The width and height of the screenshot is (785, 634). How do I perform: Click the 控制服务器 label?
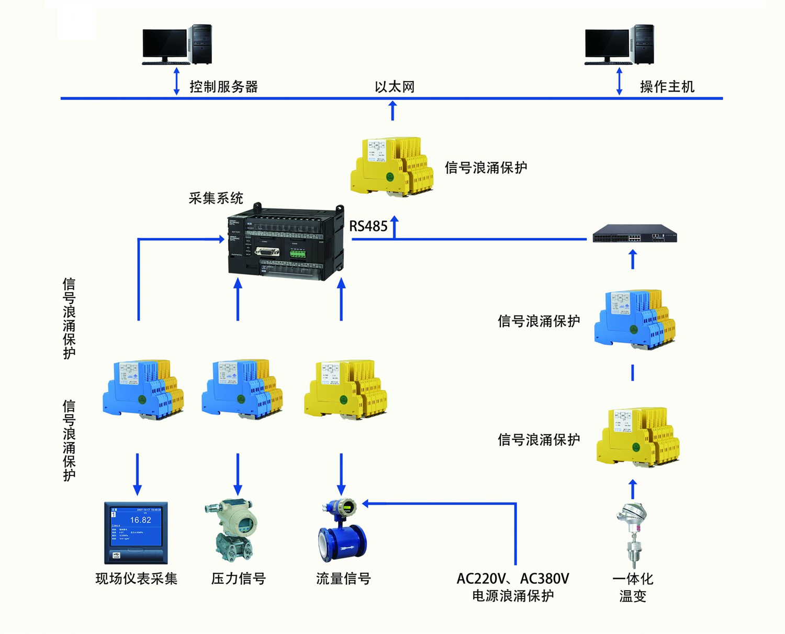[223, 87]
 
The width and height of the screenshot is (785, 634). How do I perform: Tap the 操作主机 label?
[667, 87]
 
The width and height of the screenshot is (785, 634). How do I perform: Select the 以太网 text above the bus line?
[395, 87]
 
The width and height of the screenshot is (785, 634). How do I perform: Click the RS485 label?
[368, 226]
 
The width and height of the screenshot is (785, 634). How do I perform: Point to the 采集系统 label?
[216, 198]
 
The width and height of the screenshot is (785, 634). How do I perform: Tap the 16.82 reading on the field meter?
[140, 520]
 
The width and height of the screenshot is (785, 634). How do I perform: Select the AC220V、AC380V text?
[512, 579]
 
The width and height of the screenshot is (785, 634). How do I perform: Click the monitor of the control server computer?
[164, 46]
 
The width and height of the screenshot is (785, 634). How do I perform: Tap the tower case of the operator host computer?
[643, 44]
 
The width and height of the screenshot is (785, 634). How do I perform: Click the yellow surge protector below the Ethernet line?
[392, 166]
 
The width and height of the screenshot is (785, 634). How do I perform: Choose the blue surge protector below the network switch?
[634, 319]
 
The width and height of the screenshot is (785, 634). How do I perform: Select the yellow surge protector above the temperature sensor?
[637, 438]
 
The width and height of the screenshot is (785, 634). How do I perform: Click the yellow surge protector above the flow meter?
[345, 389]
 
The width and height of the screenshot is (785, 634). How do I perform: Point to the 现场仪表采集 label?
[137, 579]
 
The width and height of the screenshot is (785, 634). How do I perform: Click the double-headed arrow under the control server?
[176, 81]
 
